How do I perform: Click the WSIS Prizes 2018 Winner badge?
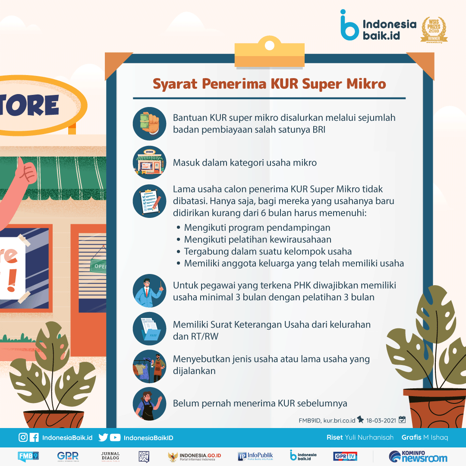(434, 30)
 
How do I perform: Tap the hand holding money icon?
(149, 124)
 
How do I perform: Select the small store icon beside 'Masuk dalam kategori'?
(149, 162)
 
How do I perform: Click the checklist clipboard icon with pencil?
(149, 201)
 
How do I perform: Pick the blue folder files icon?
(149, 328)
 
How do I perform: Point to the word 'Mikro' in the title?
(366, 84)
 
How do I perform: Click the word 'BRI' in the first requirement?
(319, 129)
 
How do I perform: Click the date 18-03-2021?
(381, 421)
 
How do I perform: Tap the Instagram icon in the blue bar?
(23, 438)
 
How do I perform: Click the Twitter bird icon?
(103, 438)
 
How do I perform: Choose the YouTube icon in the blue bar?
(115, 438)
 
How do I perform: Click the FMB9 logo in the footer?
(28, 456)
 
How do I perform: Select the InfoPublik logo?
(255, 456)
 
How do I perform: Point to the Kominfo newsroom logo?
(418, 457)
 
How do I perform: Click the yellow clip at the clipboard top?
(270, 52)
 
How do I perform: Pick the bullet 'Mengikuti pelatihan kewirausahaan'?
(258, 239)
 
